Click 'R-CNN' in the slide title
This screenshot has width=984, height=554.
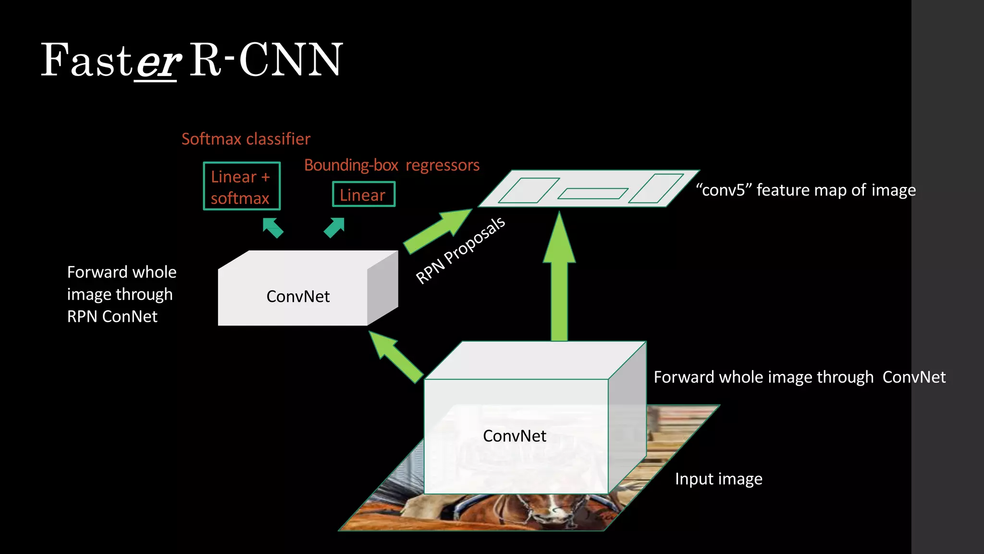(266, 60)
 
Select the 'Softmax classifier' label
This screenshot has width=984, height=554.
(246, 139)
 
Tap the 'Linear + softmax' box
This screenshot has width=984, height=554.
(242, 187)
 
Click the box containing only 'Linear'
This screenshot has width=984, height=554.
(364, 194)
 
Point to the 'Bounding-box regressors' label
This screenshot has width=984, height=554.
(392, 165)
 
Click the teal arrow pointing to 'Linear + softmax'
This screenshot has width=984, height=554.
(273, 227)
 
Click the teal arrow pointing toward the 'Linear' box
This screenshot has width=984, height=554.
(334, 227)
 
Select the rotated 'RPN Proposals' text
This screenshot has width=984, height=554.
(460, 251)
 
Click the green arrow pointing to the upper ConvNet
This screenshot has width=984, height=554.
(395, 356)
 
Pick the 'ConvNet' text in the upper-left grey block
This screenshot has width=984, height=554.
(298, 297)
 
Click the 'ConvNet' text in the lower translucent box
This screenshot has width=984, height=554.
(514, 436)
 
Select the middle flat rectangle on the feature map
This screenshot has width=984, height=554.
(592, 194)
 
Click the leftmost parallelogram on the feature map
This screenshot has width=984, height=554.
(529, 190)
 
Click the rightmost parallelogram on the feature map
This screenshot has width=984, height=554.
(656, 189)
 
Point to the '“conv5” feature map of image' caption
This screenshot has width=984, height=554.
(806, 190)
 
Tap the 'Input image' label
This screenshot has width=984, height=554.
(718, 479)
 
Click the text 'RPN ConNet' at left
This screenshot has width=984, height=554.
(112, 317)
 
